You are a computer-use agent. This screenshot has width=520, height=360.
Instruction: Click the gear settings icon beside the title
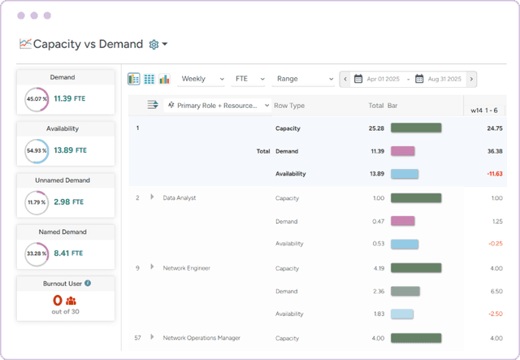point(154,44)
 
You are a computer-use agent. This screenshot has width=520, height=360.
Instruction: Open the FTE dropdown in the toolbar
point(249,79)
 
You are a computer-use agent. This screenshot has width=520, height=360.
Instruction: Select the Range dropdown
point(303,79)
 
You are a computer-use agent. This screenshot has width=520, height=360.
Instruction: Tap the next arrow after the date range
point(472,79)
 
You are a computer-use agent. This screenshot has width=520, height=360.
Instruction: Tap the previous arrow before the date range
point(345,79)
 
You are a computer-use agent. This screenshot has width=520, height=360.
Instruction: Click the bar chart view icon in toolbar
point(165,79)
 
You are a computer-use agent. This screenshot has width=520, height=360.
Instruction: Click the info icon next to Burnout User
point(88,283)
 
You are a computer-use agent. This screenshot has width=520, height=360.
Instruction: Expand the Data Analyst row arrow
point(152,197)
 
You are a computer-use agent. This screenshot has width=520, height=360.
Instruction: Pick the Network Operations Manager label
point(201,337)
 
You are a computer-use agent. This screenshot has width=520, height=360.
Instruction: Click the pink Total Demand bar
point(403,151)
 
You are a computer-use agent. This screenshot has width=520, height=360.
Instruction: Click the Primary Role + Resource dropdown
point(218,106)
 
